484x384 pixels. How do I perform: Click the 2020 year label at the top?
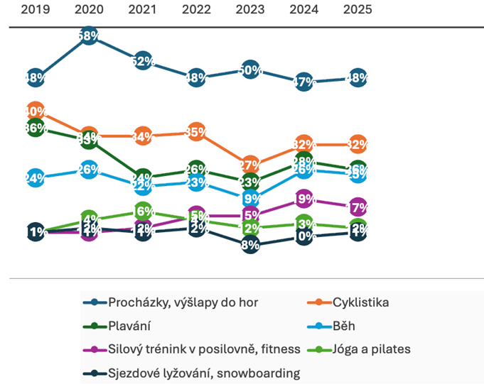(89, 11)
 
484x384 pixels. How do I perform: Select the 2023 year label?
(250, 11)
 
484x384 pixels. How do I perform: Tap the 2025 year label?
(357, 11)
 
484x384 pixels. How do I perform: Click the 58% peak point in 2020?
(89, 35)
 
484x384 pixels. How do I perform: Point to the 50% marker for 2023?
(250, 70)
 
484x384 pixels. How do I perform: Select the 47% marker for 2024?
(303, 82)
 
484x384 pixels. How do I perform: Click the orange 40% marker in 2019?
(36, 111)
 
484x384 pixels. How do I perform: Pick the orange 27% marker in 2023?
(250, 165)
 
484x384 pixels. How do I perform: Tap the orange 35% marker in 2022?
(196, 131)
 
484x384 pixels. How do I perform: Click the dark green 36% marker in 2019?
(36, 128)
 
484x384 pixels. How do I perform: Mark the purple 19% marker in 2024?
(303, 199)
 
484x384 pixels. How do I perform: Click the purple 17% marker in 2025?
(357, 207)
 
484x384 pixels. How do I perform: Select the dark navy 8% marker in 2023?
(250, 245)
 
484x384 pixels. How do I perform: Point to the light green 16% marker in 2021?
(143, 211)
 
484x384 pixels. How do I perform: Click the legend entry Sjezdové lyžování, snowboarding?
(203, 373)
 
